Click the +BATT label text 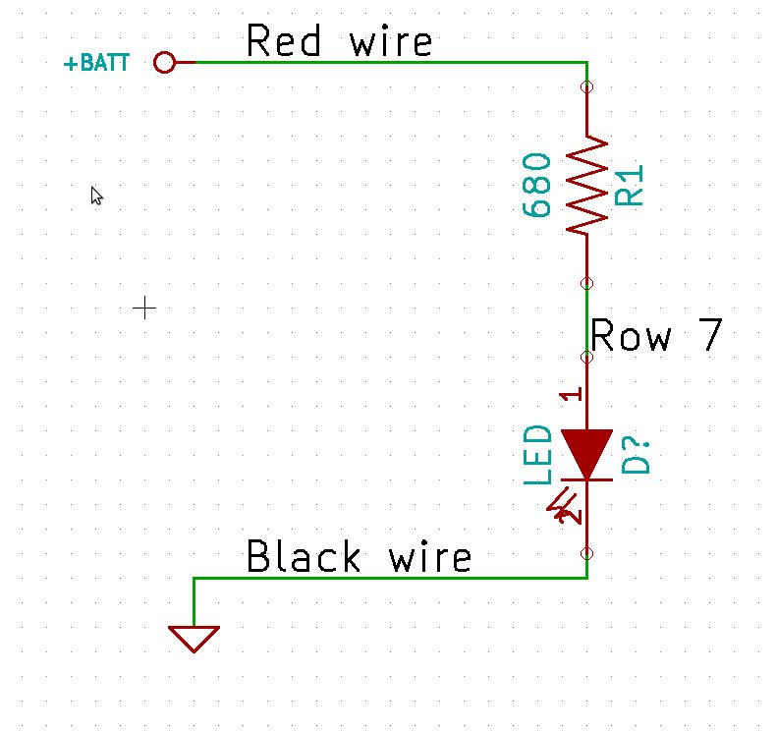96,65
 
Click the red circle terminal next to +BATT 165,63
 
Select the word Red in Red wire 285,42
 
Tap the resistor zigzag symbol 586,185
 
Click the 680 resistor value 537,185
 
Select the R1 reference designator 630,185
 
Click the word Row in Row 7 632,337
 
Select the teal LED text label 537,455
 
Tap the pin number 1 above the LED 575,394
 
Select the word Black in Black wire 304,557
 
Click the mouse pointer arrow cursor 96,196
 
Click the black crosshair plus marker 144,309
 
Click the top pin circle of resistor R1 587,88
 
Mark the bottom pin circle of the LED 587,552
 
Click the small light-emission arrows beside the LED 564,505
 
